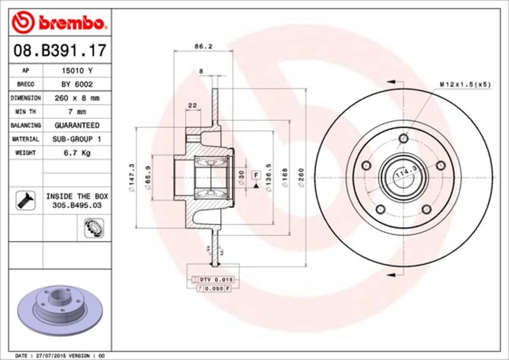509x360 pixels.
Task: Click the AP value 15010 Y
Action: (72, 71)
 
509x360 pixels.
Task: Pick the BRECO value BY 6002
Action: (72, 85)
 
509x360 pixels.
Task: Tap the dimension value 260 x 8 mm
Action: (72, 98)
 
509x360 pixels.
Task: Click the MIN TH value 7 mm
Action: (72, 112)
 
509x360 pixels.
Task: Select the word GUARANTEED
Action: (72, 125)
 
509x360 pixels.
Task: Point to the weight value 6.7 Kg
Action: (72, 153)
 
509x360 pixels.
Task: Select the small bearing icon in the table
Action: (90, 226)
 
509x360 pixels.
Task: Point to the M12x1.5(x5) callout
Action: (465, 83)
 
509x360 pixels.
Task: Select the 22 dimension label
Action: (192, 106)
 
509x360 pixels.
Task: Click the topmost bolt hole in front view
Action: (402, 139)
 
